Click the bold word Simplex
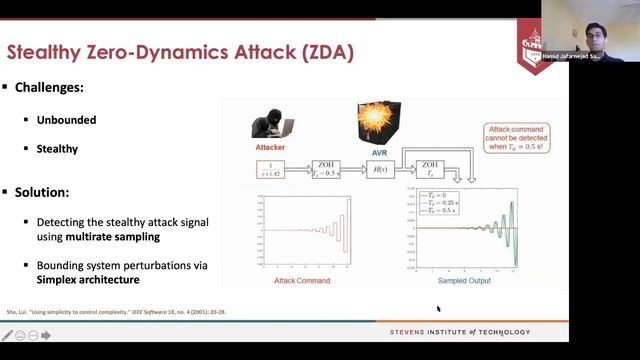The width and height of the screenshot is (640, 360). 76,279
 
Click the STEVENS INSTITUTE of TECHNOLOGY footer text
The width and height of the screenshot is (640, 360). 460,332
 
